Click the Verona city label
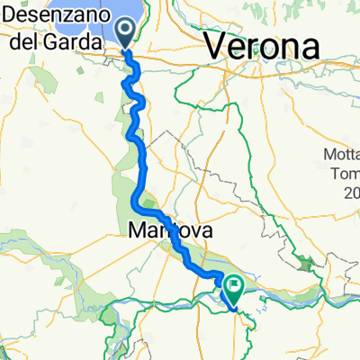pos(265,46)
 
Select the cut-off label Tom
pos(344,174)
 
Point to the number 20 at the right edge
pos(351,193)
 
